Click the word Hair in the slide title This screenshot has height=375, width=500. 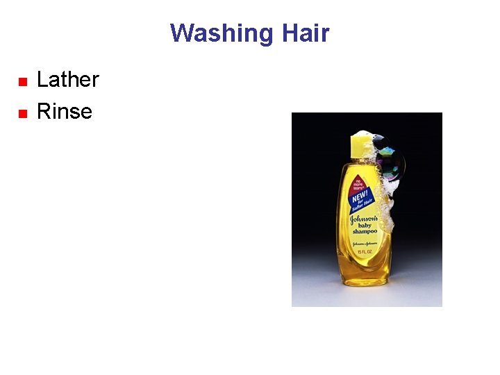(x=306, y=33)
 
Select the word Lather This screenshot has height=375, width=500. (x=67, y=80)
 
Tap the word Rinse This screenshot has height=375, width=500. (x=64, y=111)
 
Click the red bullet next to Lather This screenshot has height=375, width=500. (x=22, y=82)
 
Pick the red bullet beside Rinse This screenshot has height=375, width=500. (x=22, y=113)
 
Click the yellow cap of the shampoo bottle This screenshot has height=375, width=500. (x=362, y=146)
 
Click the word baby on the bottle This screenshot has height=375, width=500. (x=364, y=225)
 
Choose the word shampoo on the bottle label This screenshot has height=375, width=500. (x=364, y=232)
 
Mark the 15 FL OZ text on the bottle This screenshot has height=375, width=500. (x=364, y=251)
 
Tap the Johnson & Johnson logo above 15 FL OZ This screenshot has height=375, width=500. (x=364, y=244)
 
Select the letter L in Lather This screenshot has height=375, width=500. (x=42, y=80)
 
